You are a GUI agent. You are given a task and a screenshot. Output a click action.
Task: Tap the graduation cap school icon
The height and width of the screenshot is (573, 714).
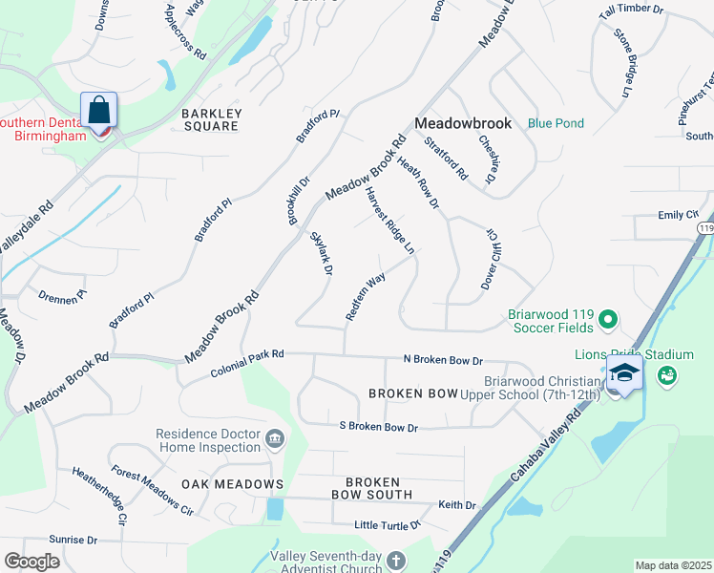click(x=624, y=373)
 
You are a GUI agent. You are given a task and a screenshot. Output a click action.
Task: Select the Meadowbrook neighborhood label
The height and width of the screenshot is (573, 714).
click(x=463, y=123)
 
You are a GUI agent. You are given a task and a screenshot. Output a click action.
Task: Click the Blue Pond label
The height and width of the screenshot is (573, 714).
click(x=556, y=123)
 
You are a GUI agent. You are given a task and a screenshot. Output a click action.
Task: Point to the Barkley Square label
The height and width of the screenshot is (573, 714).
click(x=212, y=119)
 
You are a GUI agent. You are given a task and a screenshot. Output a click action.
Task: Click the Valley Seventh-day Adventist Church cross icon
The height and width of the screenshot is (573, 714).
click(x=396, y=561)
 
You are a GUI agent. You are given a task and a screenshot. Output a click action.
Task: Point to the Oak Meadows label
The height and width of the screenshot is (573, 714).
click(x=233, y=485)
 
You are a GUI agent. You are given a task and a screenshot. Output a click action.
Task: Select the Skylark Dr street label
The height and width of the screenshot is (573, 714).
click(x=320, y=253)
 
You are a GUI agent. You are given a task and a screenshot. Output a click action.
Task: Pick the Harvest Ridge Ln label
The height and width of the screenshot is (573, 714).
click(x=389, y=220)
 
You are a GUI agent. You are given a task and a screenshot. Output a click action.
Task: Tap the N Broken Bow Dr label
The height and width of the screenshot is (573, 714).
click(x=443, y=360)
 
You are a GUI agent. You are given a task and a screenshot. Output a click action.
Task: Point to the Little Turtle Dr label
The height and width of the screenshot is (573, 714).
click(x=388, y=525)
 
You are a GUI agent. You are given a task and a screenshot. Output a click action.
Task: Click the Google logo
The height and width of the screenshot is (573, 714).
click(x=31, y=562)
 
